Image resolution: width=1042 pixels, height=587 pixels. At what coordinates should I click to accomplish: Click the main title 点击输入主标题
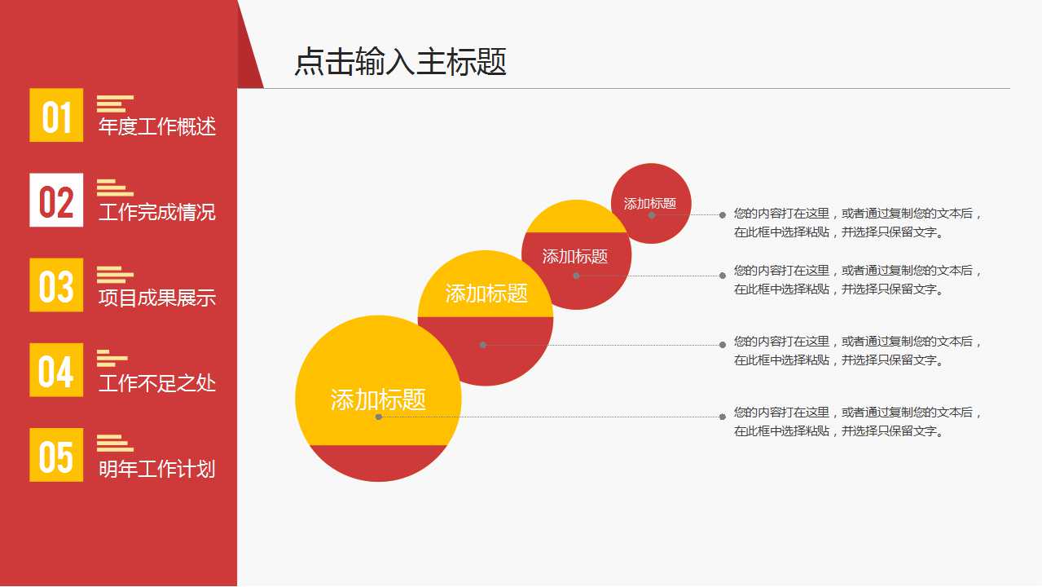(x=400, y=63)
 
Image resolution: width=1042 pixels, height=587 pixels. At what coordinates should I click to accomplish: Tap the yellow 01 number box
(x=56, y=115)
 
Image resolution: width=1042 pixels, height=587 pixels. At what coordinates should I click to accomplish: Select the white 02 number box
(x=56, y=201)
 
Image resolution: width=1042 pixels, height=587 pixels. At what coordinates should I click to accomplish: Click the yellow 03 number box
(x=56, y=285)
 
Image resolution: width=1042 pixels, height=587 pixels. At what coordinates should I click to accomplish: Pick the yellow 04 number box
(x=56, y=370)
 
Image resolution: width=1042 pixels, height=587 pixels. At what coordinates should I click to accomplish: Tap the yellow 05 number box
(x=56, y=455)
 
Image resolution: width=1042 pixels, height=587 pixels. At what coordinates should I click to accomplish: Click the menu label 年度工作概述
(x=156, y=127)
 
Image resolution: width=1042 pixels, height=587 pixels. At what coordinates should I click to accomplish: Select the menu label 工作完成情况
(x=156, y=213)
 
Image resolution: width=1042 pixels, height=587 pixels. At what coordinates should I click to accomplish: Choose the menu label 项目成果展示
(x=156, y=298)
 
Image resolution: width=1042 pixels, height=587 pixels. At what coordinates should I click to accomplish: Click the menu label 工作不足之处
(x=156, y=383)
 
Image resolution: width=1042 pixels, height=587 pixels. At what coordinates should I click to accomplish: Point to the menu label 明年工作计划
(x=156, y=470)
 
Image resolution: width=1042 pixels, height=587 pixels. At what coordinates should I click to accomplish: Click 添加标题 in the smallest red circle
(x=650, y=204)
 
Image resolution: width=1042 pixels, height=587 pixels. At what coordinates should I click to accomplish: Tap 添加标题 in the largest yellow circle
(x=378, y=399)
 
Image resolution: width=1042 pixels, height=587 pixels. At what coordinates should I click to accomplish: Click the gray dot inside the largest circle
(x=379, y=417)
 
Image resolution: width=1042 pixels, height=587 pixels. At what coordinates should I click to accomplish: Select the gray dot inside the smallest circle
(x=652, y=215)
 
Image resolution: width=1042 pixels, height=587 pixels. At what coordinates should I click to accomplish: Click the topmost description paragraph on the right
(x=857, y=223)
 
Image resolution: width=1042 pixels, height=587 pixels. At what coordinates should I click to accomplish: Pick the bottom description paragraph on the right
(x=857, y=421)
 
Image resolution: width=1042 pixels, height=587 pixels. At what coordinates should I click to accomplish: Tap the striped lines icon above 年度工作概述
(x=114, y=104)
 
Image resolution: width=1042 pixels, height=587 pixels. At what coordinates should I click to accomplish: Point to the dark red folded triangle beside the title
(x=250, y=61)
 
